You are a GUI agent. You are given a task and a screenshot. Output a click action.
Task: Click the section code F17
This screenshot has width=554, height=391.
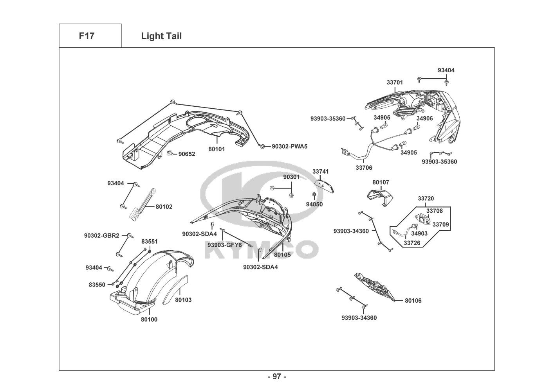click(87, 36)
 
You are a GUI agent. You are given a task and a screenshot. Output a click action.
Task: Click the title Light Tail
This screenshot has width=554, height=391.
click(161, 36)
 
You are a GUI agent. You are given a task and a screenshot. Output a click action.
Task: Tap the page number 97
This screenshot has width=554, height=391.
click(277, 377)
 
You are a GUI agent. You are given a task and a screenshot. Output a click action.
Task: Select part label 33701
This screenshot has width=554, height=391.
click(395, 83)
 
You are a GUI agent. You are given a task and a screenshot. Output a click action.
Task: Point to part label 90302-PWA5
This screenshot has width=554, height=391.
click(290, 147)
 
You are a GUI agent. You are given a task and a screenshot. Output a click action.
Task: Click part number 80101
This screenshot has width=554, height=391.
click(217, 149)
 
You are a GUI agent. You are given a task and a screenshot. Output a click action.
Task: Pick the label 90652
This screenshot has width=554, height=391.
click(187, 154)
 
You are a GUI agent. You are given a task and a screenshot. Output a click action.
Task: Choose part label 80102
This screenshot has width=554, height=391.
click(164, 207)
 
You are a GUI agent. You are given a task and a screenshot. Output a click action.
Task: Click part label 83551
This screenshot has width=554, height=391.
click(150, 242)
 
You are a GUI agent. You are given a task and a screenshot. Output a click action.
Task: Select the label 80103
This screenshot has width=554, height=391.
click(183, 300)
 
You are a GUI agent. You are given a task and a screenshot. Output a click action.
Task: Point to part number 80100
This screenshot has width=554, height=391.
click(149, 319)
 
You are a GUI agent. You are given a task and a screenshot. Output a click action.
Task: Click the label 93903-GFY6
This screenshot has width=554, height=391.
click(225, 245)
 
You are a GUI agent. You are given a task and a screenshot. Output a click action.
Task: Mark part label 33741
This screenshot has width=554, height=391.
click(321, 172)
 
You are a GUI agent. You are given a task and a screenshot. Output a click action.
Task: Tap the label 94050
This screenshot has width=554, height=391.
click(314, 204)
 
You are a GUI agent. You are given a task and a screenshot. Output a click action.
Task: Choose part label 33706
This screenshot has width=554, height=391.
click(364, 168)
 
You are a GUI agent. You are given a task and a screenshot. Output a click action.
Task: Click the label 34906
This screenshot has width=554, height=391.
click(424, 118)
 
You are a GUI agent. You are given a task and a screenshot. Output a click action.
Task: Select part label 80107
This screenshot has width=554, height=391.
click(381, 182)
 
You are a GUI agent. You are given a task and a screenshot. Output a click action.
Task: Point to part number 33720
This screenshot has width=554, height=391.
click(426, 199)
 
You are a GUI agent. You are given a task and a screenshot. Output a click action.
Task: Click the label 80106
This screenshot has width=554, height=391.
click(413, 301)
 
